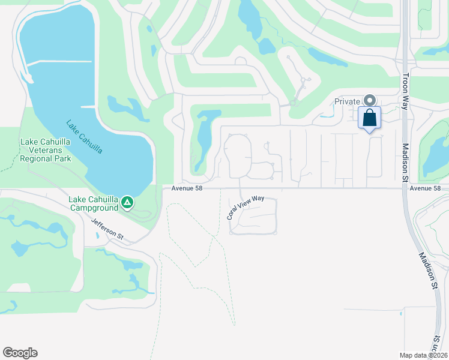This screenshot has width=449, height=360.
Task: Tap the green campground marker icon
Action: [127, 203]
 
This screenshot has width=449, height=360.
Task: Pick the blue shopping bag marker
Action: [369, 117]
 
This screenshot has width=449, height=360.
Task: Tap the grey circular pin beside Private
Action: [370, 101]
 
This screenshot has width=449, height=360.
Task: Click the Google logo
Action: [20, 353]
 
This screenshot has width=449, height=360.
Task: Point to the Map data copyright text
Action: [424, 355]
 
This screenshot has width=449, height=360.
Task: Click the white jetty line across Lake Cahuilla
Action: [60, 62]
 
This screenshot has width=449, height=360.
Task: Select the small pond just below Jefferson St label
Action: [97, 235]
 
